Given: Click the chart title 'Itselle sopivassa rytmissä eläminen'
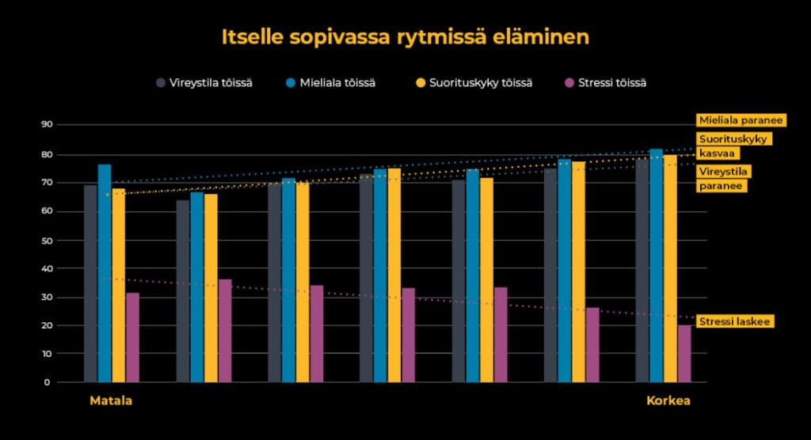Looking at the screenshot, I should (x=405, y=37).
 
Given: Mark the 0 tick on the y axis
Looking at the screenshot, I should (x=48, y=382).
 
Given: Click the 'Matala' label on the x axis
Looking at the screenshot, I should (x=111, y=401).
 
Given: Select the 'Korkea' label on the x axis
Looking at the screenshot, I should (x=668, y=401).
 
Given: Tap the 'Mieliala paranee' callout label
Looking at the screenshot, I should (x=740, y=120).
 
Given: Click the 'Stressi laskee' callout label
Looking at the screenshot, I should (x=733, y=321).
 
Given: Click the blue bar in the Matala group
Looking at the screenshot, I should (x=105, y=273).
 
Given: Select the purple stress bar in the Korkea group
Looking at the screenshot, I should (x=684, y=354).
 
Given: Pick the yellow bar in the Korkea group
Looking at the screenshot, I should (x=671, y=269).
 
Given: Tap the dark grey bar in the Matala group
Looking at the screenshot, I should (x=90, y=283).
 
